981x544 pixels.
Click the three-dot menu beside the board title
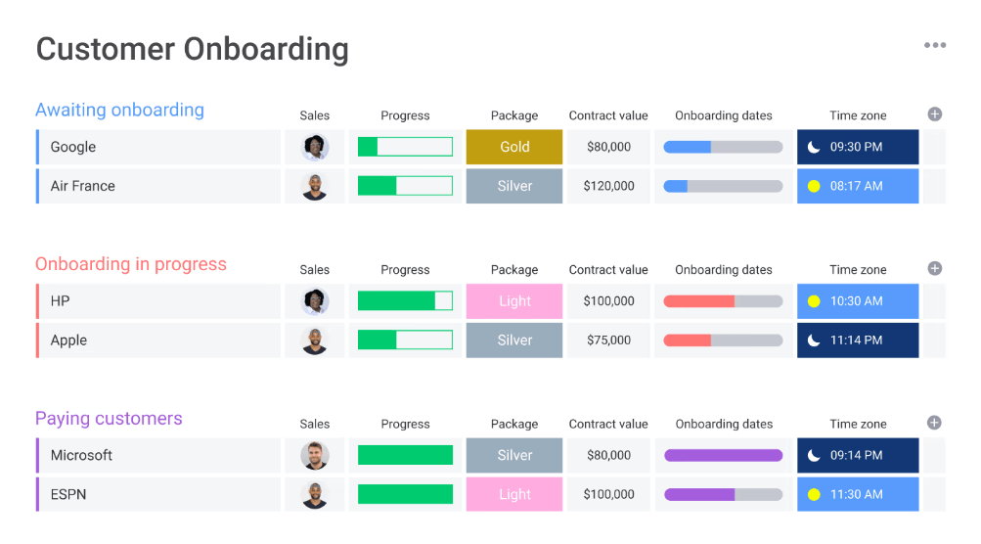tap(935, 45)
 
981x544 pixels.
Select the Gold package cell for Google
tap(514, 147)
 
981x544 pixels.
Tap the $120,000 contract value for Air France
tap(608, 186)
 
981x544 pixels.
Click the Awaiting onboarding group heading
tap(119, 110)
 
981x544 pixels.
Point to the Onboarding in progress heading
tap(130, 264)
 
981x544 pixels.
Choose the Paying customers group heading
tap(109, 419)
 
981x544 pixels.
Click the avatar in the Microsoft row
tap(315, 456)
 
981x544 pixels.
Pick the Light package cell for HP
tap(514, 301)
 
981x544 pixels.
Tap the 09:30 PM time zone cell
tap(857, 147)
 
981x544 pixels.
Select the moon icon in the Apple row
tap(814, 340)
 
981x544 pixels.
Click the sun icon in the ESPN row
tap(814, 495)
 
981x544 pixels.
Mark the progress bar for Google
tap(405, 147)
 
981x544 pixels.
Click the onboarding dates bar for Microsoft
tap(724, 456)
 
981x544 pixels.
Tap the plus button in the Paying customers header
tap(934, 423)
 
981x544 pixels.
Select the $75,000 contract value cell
tap(608, 340)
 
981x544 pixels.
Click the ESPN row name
tap(68, 495)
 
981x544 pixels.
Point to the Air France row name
tap(83, 186)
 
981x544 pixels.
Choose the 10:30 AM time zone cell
tap(857, 301)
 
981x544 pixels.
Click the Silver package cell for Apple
tap(514, 340)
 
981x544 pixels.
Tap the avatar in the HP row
tap(315, 301)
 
